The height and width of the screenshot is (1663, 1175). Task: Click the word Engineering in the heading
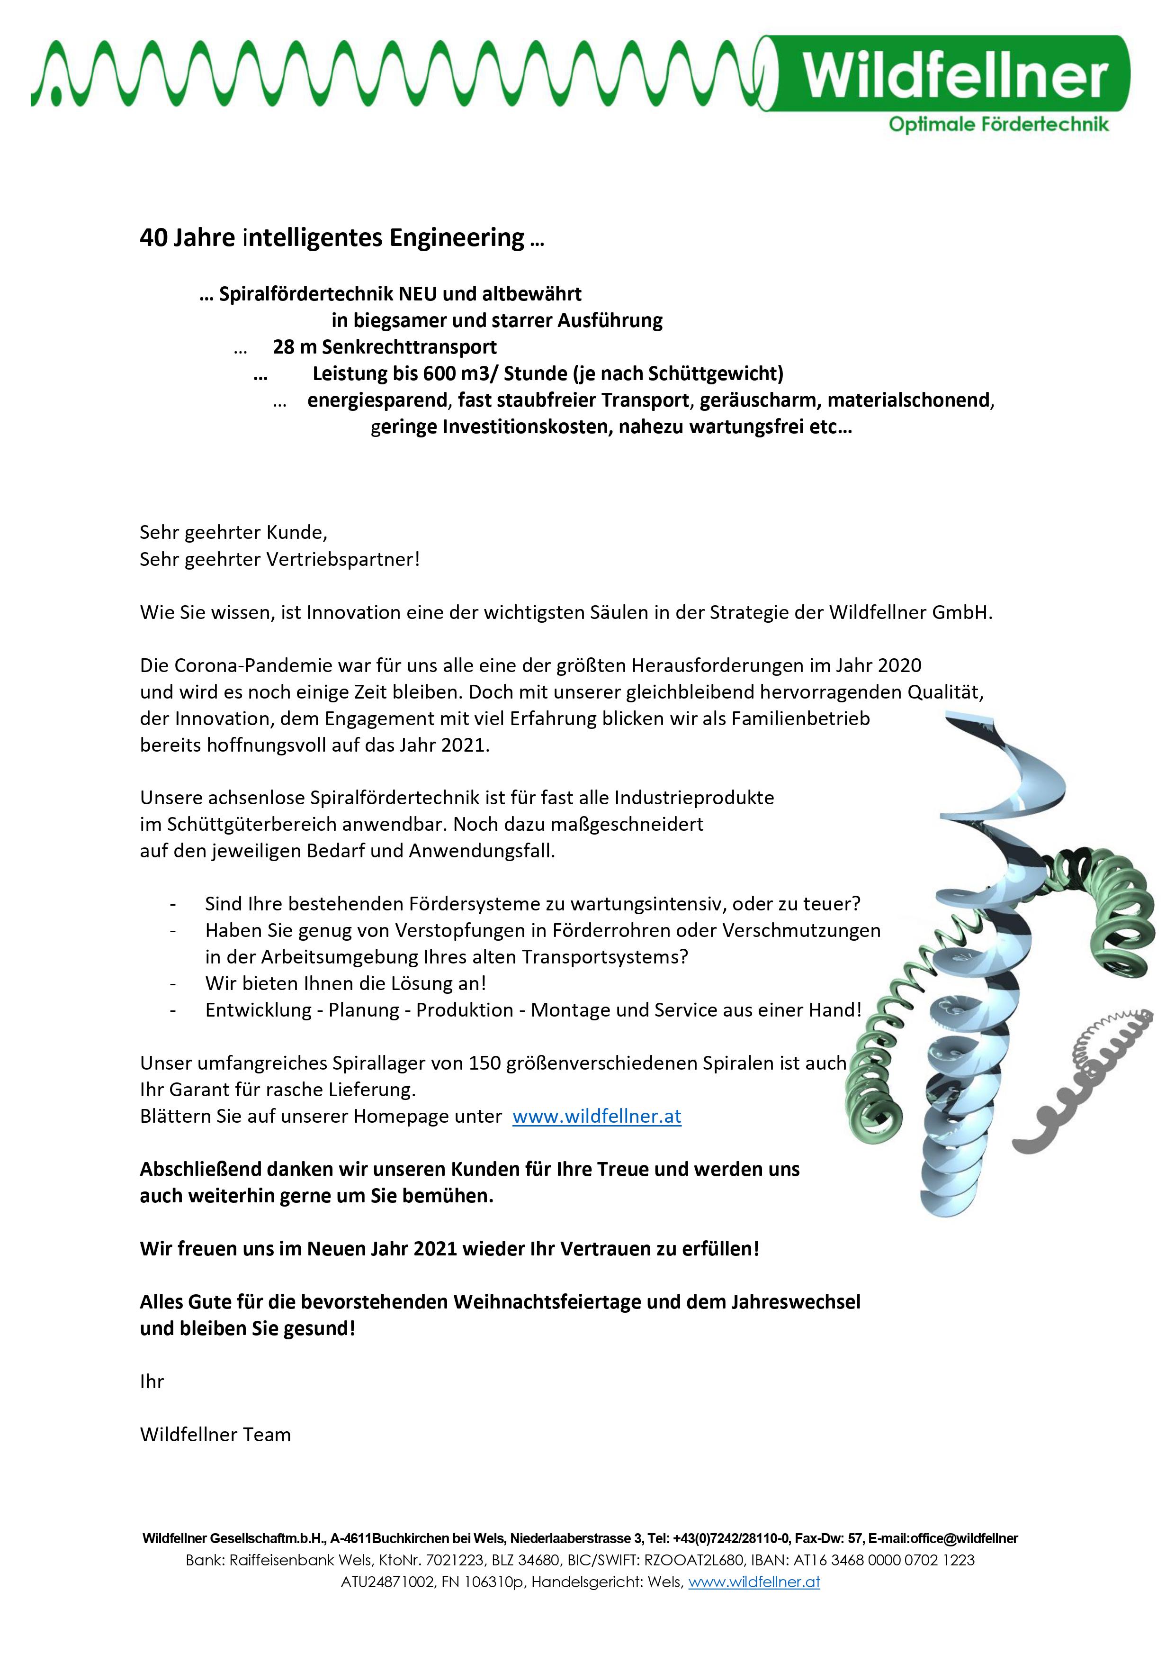[x=457, y=237]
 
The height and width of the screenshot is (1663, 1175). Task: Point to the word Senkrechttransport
[x=409, y=347]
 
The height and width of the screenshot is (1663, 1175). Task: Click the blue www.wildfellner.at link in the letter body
[x=597, y=1116]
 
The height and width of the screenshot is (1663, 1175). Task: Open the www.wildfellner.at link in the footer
[x=753, y=1582]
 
